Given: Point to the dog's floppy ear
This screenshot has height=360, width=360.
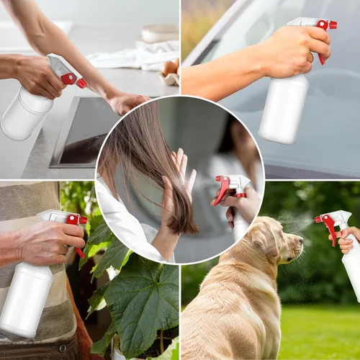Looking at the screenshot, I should click(x=257, y=248).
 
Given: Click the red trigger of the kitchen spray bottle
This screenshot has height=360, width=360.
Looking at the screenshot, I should click(x=68, y=78).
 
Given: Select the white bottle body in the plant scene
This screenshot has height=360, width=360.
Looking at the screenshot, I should click(x=27, y=299).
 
